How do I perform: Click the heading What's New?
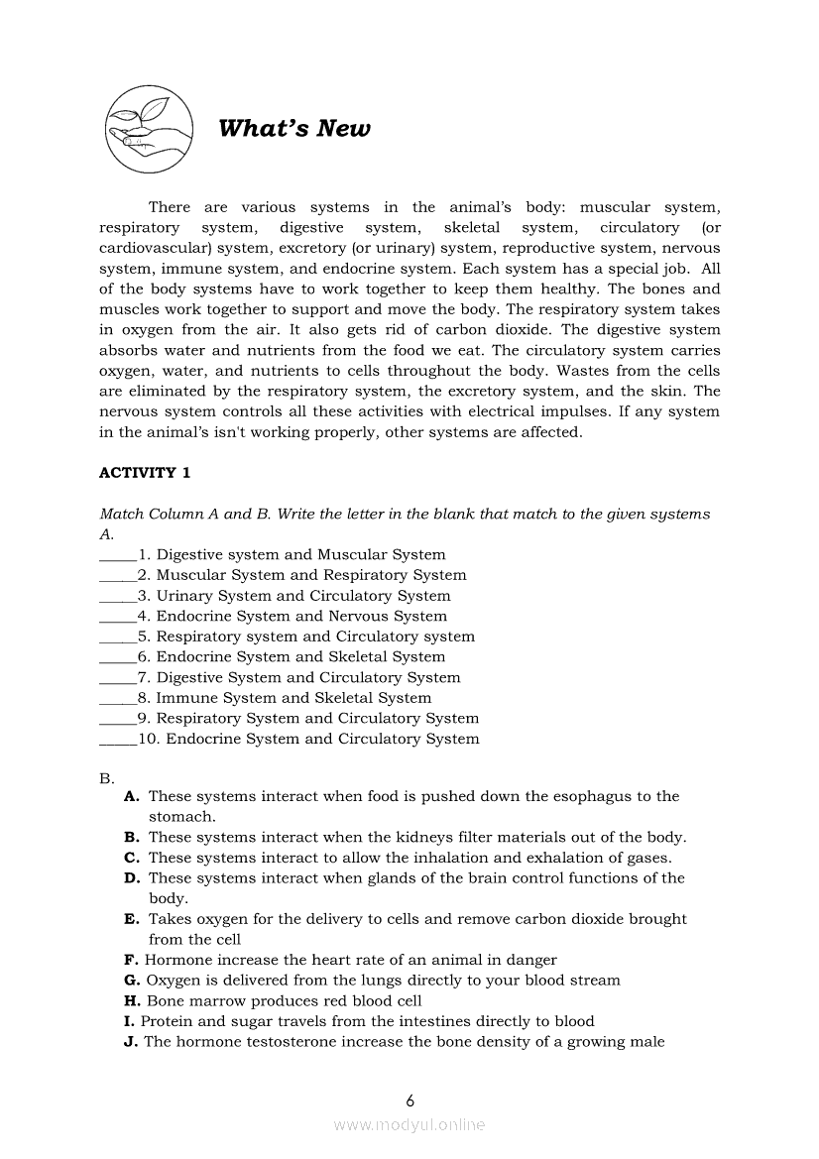click(293, 129)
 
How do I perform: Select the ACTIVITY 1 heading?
click(145, 473)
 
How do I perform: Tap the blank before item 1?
click(118, 555)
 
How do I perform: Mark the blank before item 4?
click(118, 617)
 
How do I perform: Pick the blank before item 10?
click(118, 740)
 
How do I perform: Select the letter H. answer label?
click(131, 1001)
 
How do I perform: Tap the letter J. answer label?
click(130, 1042)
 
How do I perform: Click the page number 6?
click(409, 1101)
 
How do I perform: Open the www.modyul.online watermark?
click(409, 1125)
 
